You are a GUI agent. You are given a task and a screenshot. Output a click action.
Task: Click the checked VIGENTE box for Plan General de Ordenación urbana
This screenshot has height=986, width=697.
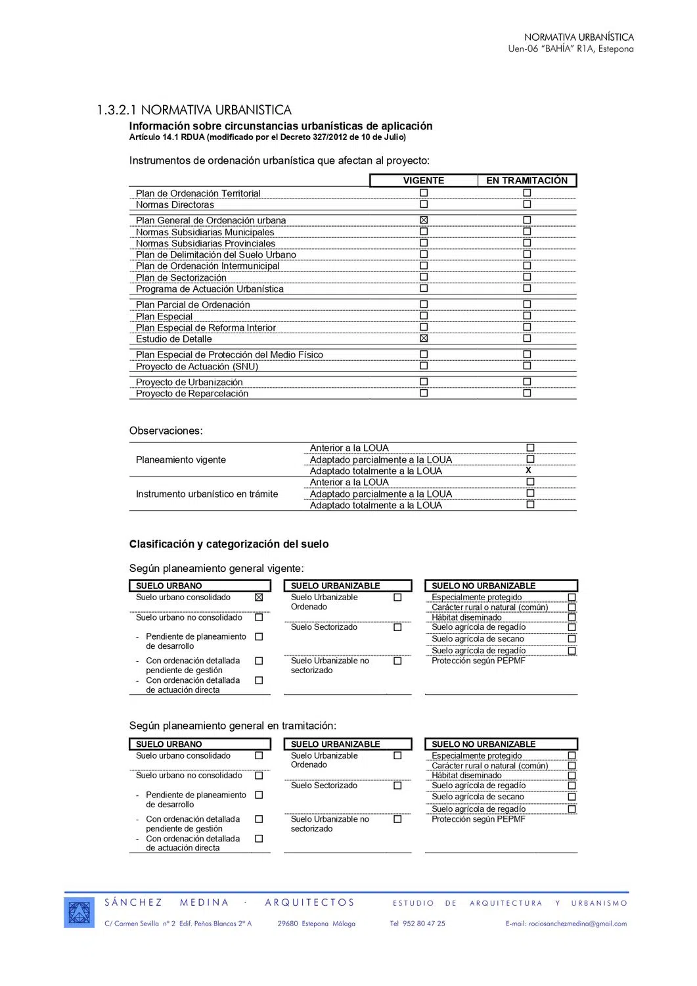click(x=424, y=220)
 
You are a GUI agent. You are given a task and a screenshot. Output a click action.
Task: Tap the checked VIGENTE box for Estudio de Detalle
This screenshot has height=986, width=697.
click(x=424, y=339)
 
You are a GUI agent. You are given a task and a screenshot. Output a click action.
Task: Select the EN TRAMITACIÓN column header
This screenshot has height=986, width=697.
click(x=527, y=181)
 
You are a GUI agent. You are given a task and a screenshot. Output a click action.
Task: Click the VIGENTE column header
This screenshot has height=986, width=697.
click(x=424, y=181)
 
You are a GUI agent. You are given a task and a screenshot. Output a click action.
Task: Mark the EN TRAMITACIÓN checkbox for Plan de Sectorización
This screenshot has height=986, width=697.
click(x=527, y=277)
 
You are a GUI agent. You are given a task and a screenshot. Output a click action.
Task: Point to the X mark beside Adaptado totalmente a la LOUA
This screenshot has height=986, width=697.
click(x=529, y=471)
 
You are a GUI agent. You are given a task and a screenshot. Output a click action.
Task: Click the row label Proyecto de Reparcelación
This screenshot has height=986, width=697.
click(x=192, y=394)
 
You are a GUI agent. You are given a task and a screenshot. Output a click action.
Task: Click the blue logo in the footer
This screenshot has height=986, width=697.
click(x=80, y=912)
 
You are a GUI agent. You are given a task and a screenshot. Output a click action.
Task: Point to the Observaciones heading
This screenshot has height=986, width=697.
click(x=166, y=431)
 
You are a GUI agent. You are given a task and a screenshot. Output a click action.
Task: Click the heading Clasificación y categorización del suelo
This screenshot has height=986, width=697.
click(x=229, y=544)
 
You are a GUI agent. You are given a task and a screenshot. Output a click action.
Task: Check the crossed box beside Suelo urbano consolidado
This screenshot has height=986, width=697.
click(x=259, y=598)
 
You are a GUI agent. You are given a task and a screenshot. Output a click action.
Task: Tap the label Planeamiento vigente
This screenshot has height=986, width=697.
click(x=181, y=460)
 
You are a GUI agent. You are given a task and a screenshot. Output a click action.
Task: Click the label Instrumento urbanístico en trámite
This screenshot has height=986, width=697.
click(x=207, y=494)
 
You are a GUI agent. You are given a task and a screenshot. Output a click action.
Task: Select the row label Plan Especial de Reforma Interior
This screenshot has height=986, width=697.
click(x=206, y=328)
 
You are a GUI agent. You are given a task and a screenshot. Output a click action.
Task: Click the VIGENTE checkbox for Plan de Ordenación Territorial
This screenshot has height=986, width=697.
click(x=424, y=193)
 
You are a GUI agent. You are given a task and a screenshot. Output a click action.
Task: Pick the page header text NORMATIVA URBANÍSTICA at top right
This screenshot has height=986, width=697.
click(x=579, y=37)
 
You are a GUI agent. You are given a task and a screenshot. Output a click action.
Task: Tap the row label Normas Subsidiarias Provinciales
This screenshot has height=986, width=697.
click(x=206, y=244)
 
